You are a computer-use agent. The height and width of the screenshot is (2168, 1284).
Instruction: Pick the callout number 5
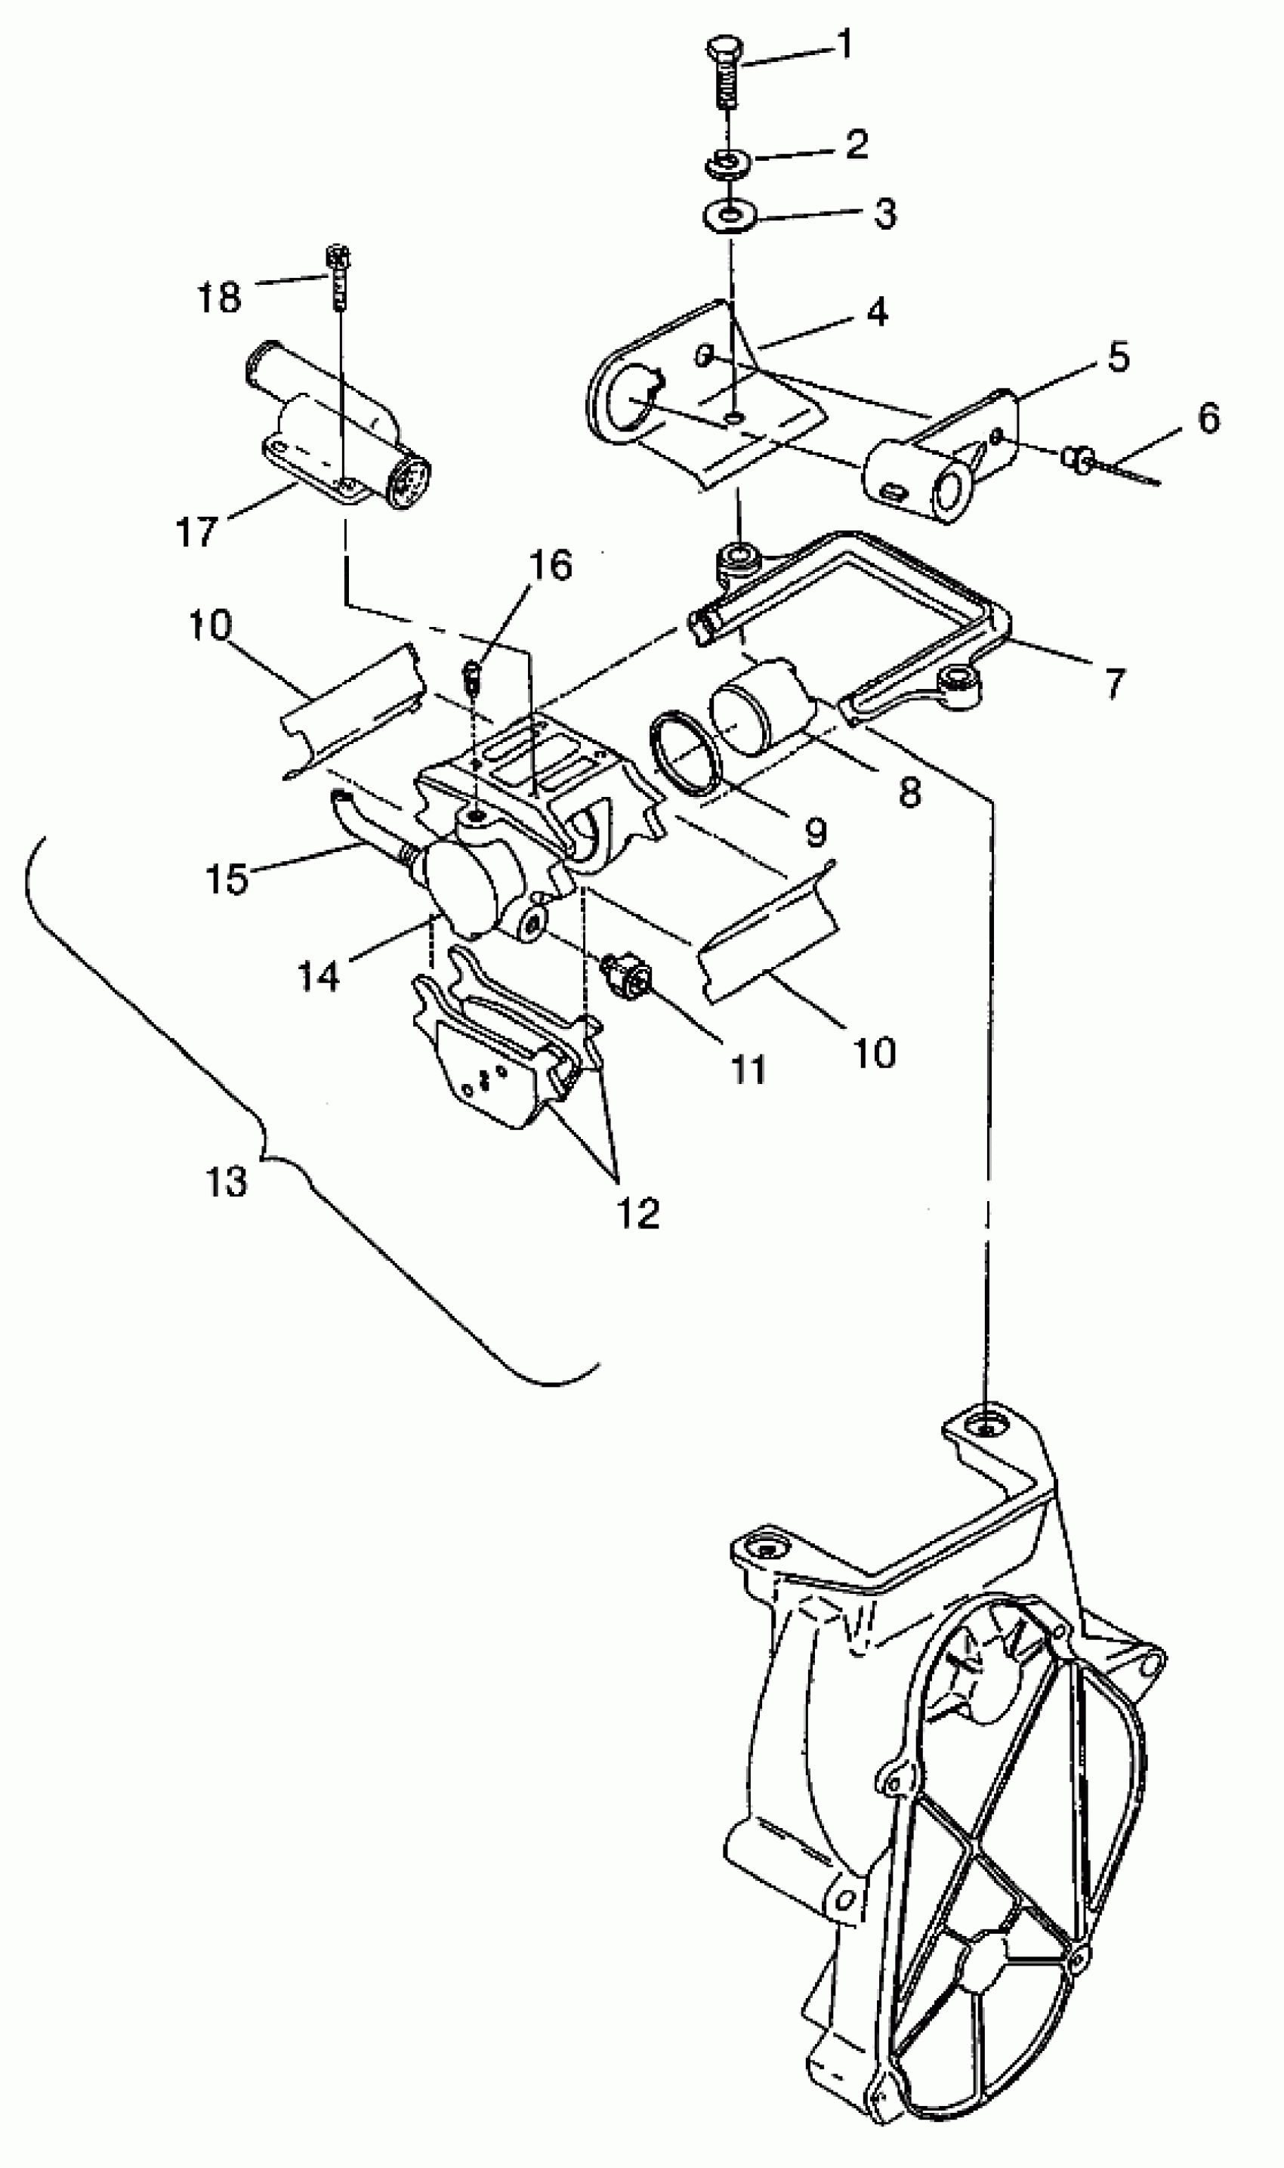point(1119,357)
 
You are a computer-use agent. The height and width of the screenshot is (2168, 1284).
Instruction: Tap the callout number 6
point(1208,418)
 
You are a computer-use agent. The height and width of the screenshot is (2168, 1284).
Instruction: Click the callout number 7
point(1114,684)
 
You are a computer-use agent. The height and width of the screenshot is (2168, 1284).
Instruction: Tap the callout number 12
point(638,1213)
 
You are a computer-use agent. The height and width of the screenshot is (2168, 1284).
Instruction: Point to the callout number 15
point(227,879)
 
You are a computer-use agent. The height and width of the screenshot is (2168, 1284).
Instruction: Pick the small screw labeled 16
point(472,672)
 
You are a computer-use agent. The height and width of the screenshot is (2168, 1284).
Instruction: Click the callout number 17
point(196,531)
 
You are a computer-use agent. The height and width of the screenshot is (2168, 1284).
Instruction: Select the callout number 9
point(815,832)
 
